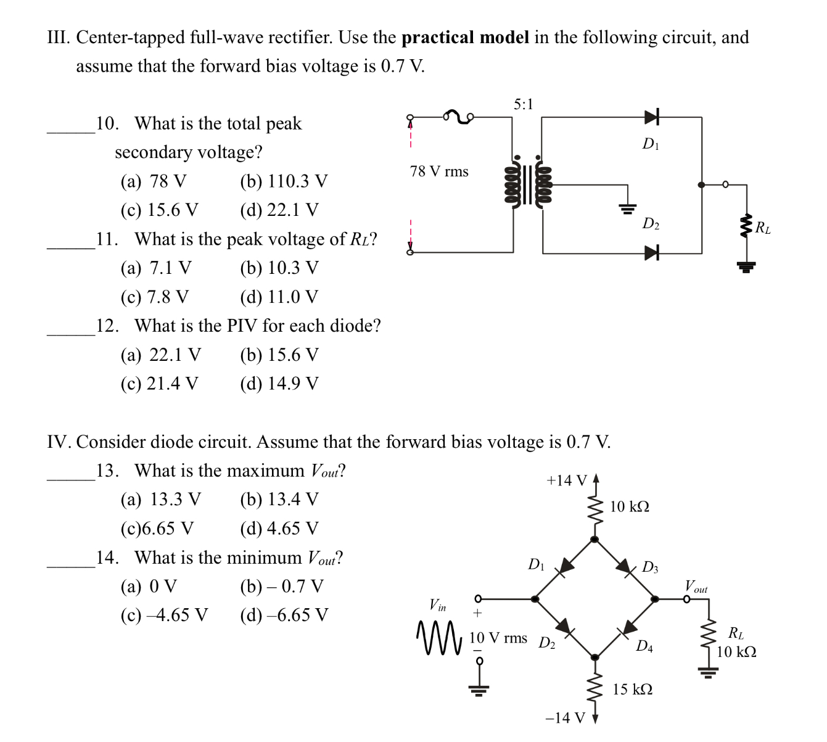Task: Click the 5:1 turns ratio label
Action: click(523, 104)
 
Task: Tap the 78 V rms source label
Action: click(439, 171)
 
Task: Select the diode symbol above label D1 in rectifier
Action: click(651, 117)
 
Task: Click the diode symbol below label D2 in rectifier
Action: click(651, 252)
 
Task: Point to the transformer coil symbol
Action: click(528, 184)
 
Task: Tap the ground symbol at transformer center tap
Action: click(627, 208)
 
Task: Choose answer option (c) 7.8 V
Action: click(155, 297)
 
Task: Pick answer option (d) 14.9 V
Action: click(279, 384)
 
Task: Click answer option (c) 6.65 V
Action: click(157, 529)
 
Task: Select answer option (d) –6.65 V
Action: click(284, 615)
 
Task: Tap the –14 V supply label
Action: click(565, 717)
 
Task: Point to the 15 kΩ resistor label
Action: click(632, 689)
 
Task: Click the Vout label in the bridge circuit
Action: click(696, 587)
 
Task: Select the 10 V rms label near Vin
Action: click(498, 638)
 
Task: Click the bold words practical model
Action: click(465, 38)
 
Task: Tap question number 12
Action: click(107, 326)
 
